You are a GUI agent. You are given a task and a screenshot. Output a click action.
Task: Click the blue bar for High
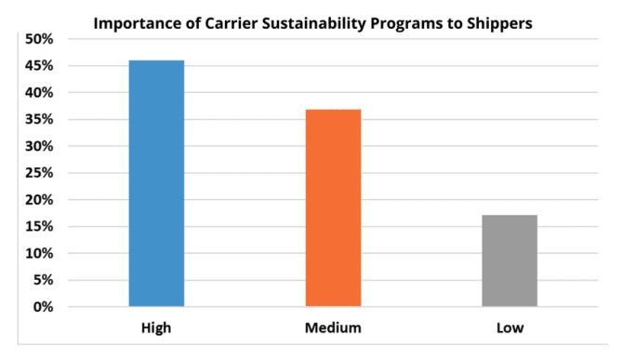156,183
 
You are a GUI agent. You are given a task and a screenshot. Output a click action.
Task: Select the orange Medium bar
333,207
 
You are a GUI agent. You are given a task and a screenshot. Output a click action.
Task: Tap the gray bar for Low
510,260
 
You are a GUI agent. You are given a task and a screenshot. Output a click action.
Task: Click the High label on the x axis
156,328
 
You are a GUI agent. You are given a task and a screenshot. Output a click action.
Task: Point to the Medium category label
333,328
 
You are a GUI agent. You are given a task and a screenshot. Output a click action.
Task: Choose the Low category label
510,328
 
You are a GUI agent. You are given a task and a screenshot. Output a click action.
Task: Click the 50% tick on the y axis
39,39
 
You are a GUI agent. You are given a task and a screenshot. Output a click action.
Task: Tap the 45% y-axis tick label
39,66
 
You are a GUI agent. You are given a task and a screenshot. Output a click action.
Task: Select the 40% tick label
39,92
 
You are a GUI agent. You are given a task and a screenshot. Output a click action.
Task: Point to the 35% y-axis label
39,119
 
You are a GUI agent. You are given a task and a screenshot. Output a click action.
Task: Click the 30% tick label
39,146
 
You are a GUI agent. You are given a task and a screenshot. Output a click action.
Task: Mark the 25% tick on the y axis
39,173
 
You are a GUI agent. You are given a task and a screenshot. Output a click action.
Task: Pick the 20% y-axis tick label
39,200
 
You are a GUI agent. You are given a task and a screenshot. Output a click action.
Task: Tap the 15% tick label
39,226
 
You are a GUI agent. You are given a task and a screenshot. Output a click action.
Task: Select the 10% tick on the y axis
39,253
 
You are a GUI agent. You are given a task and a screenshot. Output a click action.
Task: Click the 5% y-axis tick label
43,280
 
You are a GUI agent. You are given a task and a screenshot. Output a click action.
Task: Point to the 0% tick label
43,307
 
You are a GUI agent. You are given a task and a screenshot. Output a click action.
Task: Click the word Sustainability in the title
314,24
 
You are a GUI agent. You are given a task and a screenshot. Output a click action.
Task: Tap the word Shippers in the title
499,24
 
